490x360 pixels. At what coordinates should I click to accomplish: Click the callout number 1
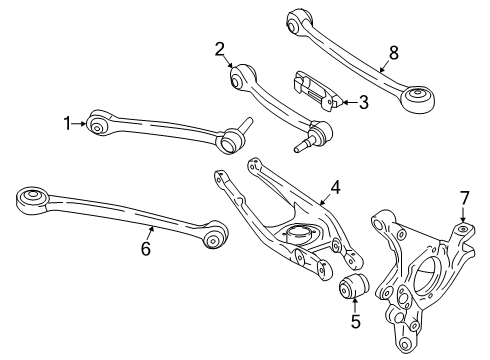pyautogui.click(x=68, y=124)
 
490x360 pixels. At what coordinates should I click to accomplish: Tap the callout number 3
pyautogui.click(x=363, y=100)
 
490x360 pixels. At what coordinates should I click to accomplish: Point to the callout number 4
pyautogui.click(x=336, y=185)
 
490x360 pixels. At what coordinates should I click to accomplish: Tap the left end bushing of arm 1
pyautogui.click(x=97, y=125)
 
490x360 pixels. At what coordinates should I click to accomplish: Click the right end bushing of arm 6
pyautogui.click(x=213, y=238)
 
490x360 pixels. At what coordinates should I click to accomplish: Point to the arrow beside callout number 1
pyautogui.click(x=81, y=124)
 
